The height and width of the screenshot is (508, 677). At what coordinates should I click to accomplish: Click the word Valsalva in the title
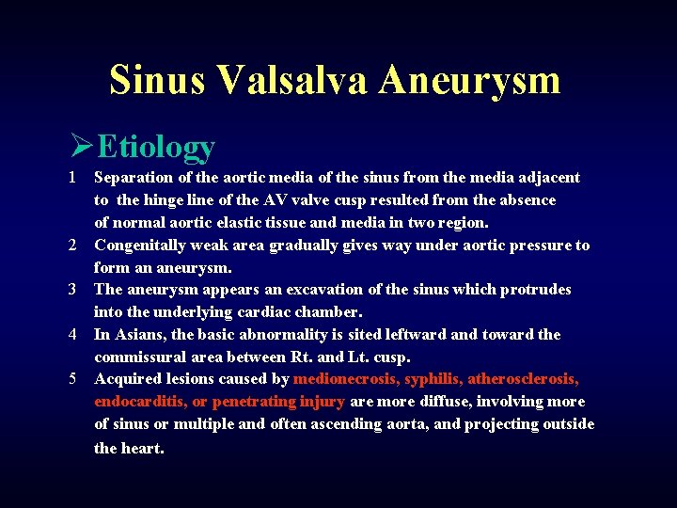tap(293, 80)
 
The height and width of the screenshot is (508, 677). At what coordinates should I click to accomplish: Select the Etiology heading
tap(156, 147)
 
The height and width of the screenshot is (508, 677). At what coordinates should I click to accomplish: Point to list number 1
tap(71, 178)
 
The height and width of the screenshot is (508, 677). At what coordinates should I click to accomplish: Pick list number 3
tap(71, 290)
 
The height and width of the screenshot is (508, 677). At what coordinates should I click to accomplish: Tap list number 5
tap(71, 379)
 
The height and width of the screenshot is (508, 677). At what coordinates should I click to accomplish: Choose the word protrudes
tap(529, 290)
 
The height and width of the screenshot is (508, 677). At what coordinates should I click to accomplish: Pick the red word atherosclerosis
tap(523, 379)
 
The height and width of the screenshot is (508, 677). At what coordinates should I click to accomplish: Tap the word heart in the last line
tap(142, 448)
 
